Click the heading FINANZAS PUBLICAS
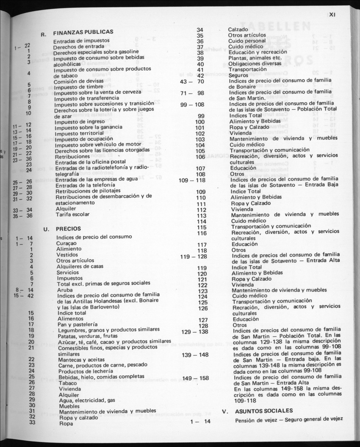click(83, 32)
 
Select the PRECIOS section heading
click(68, 229)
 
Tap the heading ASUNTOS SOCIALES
click(263, 411)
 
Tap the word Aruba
click(64, 289)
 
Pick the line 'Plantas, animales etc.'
click(255, 58)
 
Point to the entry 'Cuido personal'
click(247, 41)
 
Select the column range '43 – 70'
click(192, 81)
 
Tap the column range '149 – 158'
click(196, 378)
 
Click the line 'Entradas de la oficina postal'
click(90, 161)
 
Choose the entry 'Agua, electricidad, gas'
click(87, 400)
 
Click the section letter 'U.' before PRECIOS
click(47, 229)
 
